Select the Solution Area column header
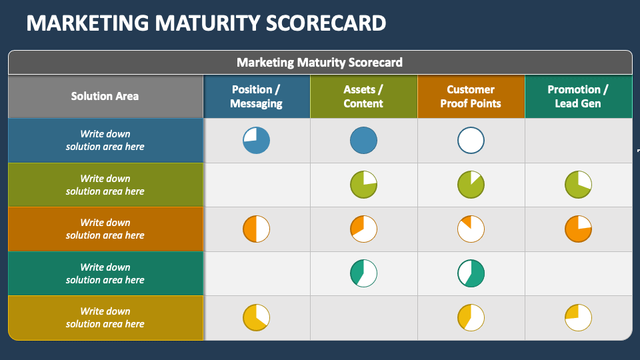click(105, 97)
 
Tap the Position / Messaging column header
click(257, 97)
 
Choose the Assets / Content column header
click(363, 97)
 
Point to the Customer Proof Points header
click(471, 97)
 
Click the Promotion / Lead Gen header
click(578, 97)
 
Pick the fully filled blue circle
click(363, 141)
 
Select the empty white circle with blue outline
click(471, 141)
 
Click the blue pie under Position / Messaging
click(256, 141)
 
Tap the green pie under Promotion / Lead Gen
click(578, 185)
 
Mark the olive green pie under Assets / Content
click(363, 185)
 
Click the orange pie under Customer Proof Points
click(471, 229)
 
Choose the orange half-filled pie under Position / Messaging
click(256, 229)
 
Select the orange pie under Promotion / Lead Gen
click(578, 229)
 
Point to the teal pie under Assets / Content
click(363, 273)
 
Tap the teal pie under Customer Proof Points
click(471, 273)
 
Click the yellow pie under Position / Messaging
click(256, 317)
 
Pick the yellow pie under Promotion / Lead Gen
click(578, 317)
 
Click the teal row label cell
click(105, 273)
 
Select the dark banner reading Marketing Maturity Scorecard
click(320, 63)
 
